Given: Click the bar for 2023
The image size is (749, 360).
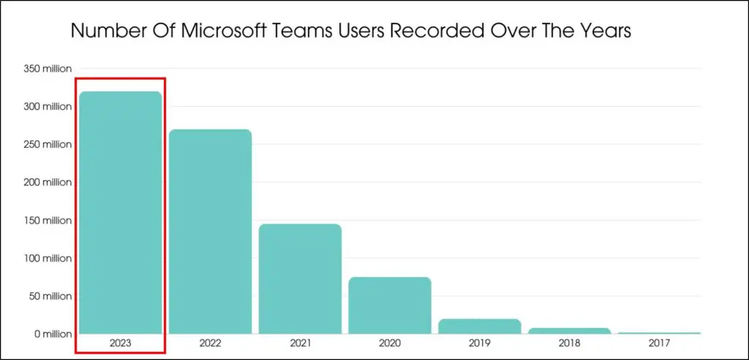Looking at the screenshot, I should pyautogui.click(x=120, y=212).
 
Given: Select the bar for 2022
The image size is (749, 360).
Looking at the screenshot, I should pyautogui.click(x=210, y=231).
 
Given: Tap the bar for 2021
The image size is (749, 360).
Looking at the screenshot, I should pyautogui.click(x=300, y=279).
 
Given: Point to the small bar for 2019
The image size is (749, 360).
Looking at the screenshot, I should pyautogui.click(x=480, y=326).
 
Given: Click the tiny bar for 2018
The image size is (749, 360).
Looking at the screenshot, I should pyautogui.click(x=569, y=331).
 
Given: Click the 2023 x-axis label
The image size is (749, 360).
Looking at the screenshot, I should pyautogui.click(x=120, y=342).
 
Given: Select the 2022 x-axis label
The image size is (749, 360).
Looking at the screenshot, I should pyautogui.click(x=210, y=342).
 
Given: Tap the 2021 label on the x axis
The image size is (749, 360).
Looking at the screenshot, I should pyautogui.click(x=300, y=342).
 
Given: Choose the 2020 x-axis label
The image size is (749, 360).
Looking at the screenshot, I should pyautogui.click(x=390, y=342).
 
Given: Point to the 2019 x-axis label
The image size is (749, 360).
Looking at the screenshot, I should pyautogui.click(x=480, y=342).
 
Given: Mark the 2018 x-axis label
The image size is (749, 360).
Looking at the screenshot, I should pyautogui.click(x=569, y=342).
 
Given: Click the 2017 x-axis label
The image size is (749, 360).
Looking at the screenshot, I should pyautogui.click(x=659, y=342).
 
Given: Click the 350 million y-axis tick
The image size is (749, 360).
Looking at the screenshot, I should pyautogui.click(x=48, y=69).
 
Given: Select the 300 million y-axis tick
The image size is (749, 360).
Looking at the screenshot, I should pyautogui.click(x=48, y=107).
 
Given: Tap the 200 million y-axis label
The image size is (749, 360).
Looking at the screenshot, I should pyautogui.click(x=48, y=182).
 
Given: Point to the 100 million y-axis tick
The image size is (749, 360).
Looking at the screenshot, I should pyautogui.click(x=48, y=258).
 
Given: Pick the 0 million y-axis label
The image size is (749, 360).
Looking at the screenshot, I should pyautogui.click(x=52, y=334).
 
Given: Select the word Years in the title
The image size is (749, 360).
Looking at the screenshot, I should pyautogui.click(x=602, y=31).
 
